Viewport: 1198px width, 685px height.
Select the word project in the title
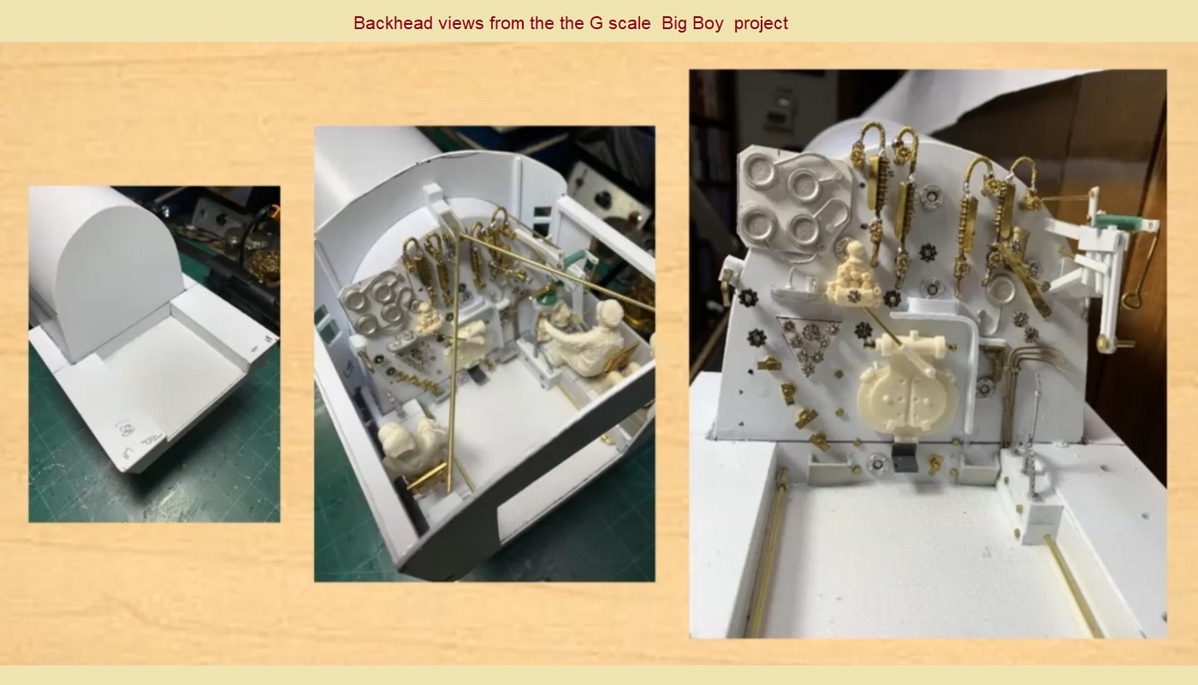[x=761, y=23]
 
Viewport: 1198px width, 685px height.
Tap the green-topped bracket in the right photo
[x=1134, y=224]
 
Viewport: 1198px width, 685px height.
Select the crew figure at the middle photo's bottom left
[x=411, y=445]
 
